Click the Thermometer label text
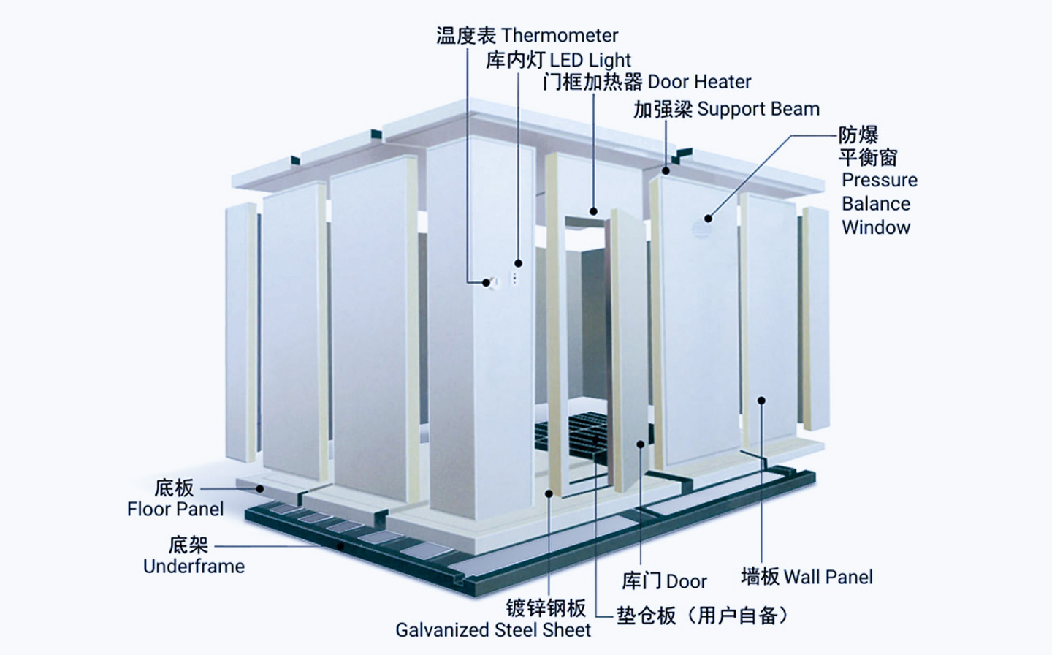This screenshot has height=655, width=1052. tap(560, 35)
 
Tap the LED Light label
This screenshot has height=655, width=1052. tap(590, 60)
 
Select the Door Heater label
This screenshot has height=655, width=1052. tap(699, 82)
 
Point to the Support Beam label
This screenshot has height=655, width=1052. tap(758, 110)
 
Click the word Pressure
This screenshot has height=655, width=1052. tap(879, 180)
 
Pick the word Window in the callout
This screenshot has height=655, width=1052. tap(876, 227)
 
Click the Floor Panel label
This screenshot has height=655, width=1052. tap(175, 509)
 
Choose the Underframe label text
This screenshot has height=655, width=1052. tap(194, 566)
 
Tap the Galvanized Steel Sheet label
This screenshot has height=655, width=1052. tap(493, 630)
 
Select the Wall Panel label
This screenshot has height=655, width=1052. tap(828, 578)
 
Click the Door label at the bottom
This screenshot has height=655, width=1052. tap(686, 581)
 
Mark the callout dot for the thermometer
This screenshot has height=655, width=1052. tap(486, 282)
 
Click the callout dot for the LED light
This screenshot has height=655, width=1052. tap(518, 263)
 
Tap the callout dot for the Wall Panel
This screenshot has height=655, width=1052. tap(761, 401)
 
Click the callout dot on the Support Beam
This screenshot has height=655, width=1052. tap(666, 171)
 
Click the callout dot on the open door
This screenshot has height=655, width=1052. tap(641, 444)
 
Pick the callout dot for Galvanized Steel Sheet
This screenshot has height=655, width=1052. tap(549, 493)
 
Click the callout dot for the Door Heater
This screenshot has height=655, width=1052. tap(594, 211)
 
